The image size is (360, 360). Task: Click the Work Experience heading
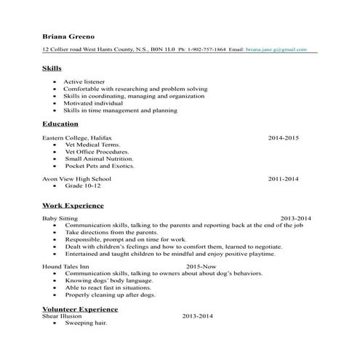coord(73,206)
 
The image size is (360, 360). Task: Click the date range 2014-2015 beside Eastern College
coord(283,137)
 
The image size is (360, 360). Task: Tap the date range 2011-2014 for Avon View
coord(283,178)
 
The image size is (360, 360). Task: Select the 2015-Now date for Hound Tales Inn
coord(201,267)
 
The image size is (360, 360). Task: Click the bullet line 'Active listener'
coord(84,82)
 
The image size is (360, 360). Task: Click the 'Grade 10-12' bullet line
coord(82,185)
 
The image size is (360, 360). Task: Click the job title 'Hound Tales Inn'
coord(64,267)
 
